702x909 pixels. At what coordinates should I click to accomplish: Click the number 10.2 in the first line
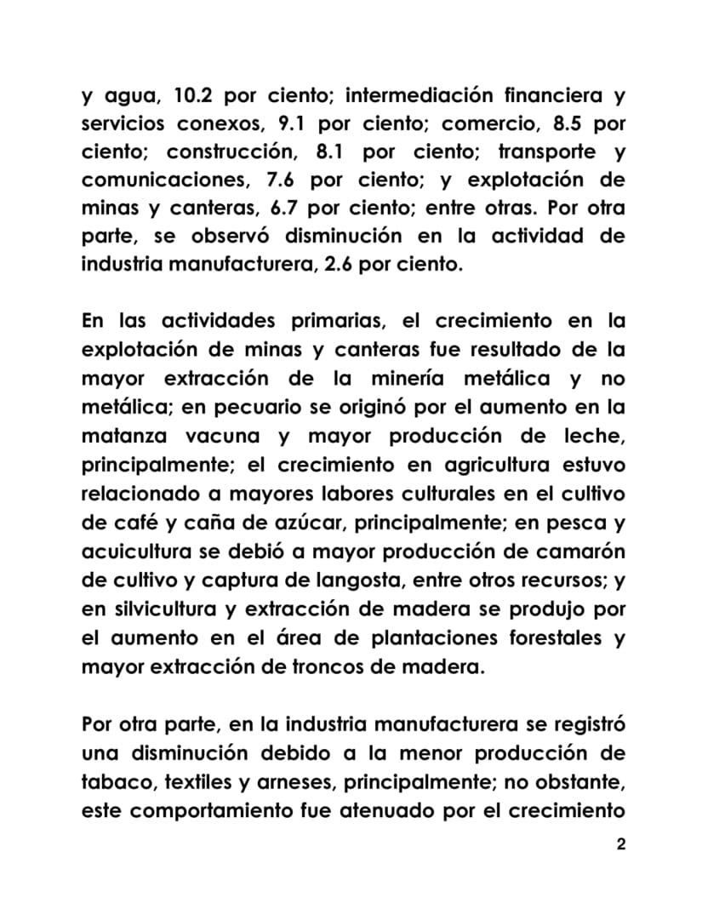(197, 94)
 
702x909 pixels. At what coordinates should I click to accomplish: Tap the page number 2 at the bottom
(620, 845)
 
